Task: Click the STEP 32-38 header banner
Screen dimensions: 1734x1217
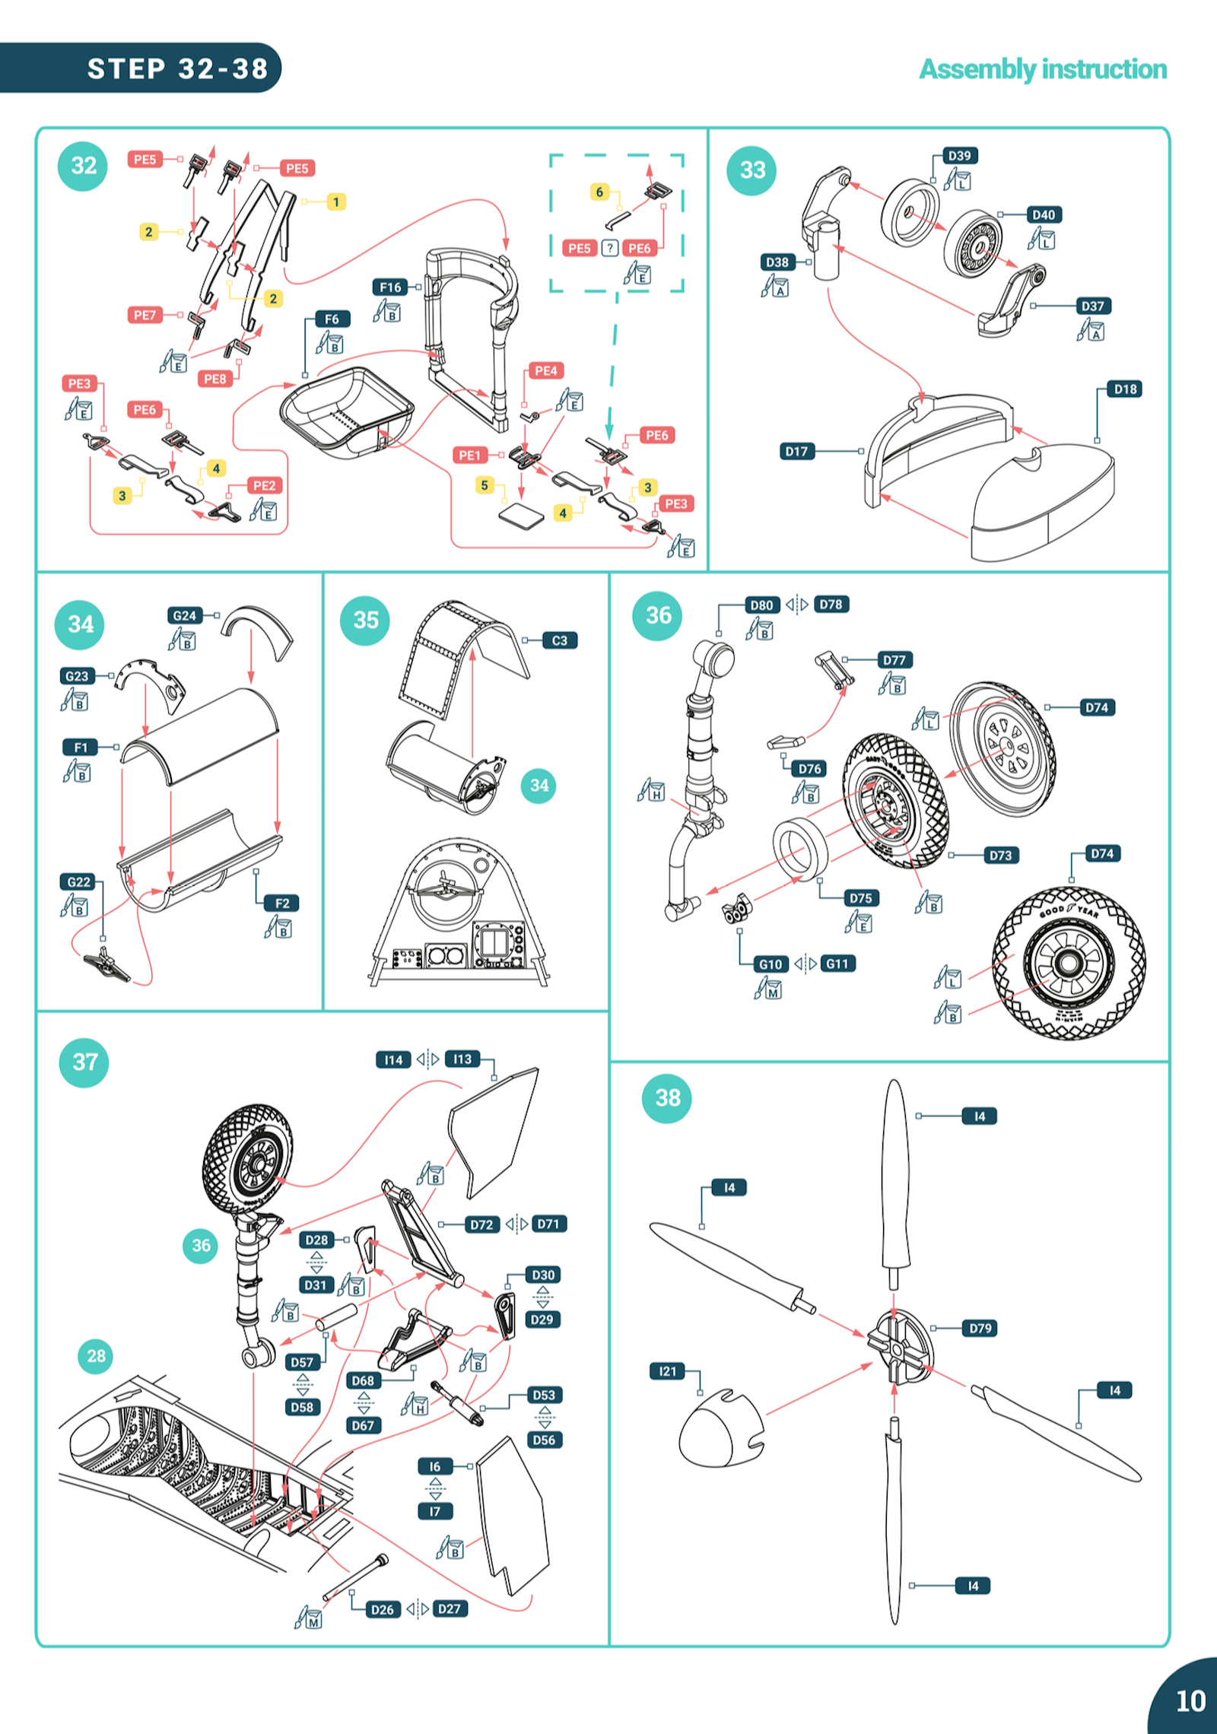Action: pos(176,68)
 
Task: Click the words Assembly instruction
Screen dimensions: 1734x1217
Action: pos(1043,69)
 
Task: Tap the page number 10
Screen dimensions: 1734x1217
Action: pos(1190,1701)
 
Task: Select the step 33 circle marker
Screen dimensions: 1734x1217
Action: pos(752,170)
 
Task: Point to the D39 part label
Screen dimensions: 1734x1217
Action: pos(959,156)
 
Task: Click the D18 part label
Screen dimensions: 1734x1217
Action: pos(1125,389)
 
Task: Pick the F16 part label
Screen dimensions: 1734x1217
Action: pos(390,287)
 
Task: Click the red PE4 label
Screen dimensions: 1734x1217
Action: pos(545,371)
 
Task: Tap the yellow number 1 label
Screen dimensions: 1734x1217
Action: pos(335,202)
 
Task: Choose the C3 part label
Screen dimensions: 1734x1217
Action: pos(560,641)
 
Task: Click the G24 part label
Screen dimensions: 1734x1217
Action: pos(185,615)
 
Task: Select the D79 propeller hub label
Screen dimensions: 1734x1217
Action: pos(980,1328)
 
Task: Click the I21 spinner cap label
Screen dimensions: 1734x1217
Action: pos(667,1371)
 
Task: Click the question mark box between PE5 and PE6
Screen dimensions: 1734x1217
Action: pos(609,249)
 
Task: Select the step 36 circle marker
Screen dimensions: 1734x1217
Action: pos(658,615)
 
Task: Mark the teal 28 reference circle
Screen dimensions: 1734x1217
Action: pos(96,1355)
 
